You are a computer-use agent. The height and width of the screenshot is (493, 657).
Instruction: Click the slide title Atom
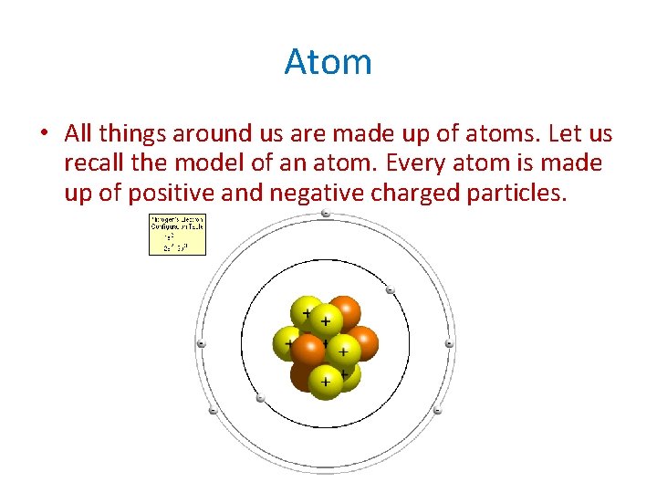point(328,62)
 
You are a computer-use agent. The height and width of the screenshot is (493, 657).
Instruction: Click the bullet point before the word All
point(44,134)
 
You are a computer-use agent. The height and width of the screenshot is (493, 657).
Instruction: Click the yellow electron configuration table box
point(177,235)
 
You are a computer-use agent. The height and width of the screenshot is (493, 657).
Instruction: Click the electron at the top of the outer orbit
point(326,215)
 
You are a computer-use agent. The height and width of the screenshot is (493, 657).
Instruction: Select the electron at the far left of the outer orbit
point(202,344)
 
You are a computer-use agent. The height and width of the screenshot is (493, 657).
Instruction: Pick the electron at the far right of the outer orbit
point(449,344)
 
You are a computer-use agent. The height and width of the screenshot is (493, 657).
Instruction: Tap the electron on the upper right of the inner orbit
point(390,291)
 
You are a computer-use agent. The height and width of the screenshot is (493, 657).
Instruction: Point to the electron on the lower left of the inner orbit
point(261,398)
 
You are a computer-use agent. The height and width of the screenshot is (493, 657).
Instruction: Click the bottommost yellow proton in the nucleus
point(325,382)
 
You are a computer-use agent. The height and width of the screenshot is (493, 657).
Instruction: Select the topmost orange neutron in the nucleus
point(344,312)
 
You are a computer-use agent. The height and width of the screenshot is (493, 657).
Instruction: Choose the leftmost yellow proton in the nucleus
point(288,344)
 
